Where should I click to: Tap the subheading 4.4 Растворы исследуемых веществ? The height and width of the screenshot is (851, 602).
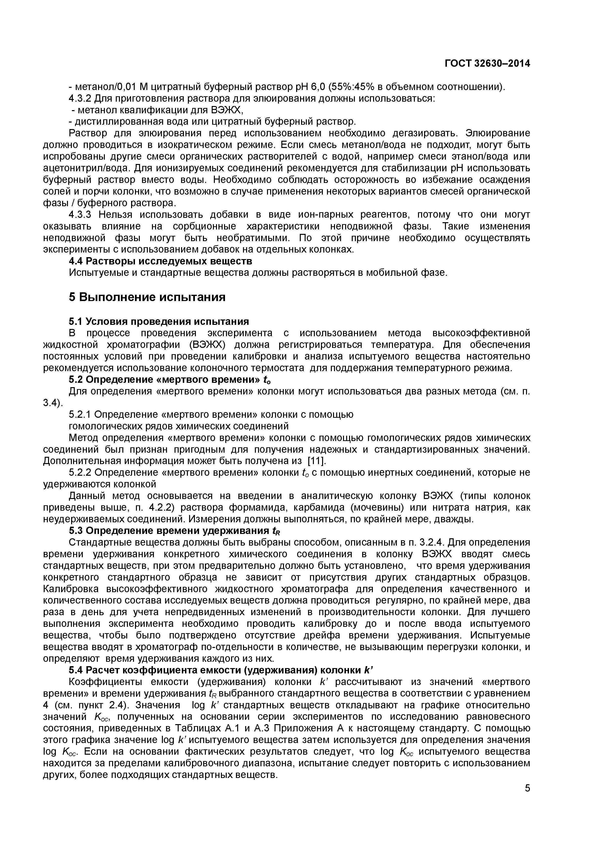[160, 261]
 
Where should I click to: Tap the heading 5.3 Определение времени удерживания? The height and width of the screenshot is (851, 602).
[174, 531]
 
